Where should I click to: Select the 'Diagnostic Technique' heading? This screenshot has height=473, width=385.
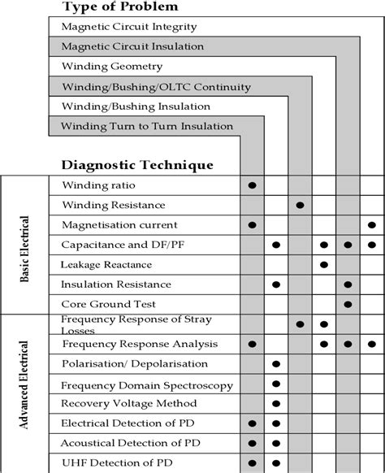[137, 164]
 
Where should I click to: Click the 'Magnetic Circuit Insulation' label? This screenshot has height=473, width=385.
[132, 47]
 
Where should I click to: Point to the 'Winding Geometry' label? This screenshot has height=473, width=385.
[112, 67]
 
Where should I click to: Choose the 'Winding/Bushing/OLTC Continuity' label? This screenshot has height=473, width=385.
[156, 87]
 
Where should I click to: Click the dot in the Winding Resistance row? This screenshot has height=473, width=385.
[301, 205]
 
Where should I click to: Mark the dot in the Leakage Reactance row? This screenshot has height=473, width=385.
[324, 264]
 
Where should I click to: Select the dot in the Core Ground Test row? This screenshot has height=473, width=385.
[348, 304]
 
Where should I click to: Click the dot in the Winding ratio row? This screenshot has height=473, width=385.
[253, 185]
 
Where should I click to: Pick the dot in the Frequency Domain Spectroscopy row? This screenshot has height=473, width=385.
[276, 384]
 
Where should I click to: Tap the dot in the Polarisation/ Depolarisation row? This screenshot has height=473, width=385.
[276, 363]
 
